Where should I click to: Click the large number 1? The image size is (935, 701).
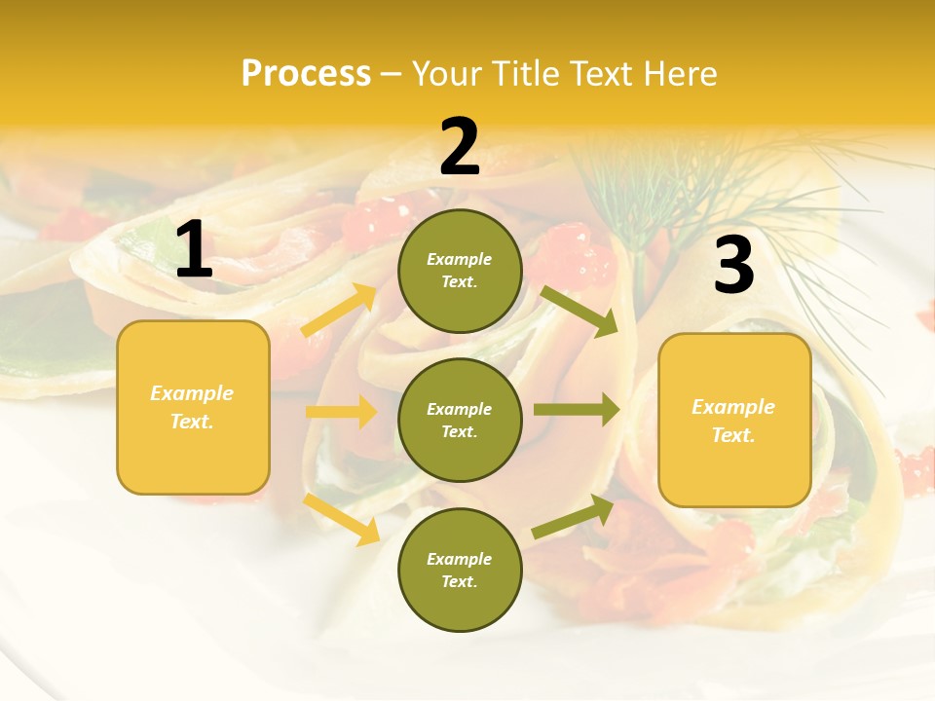click(194, 249)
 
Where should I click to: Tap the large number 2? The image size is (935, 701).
click(460, 147)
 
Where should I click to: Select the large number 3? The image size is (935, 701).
click(733, 266)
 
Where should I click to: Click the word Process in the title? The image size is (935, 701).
click(306, 73)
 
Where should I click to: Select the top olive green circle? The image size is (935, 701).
click(460, 271)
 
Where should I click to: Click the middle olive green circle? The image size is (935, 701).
click(460, 420)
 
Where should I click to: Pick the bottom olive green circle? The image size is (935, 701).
click(460, 570)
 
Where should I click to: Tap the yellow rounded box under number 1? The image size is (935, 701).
click(193, 407)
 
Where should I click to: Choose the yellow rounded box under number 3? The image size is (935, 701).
click(734, 420)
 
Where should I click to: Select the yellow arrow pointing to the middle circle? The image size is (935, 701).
click(341, 412)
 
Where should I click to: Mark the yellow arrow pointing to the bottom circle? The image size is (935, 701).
click(342, 519)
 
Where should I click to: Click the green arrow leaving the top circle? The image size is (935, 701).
click(580, 311)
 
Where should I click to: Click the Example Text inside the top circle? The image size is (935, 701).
click(460, 271)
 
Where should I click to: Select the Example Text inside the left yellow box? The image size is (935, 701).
click(193, 407)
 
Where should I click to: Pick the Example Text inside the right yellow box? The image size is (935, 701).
click(734, 420)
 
